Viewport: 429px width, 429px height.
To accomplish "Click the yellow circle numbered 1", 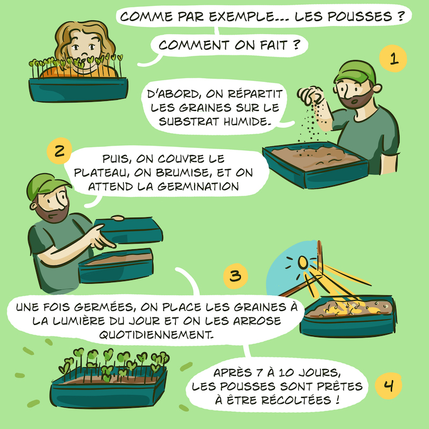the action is pos(393,59).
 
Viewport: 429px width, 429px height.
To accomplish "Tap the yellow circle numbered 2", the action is pos(60,151).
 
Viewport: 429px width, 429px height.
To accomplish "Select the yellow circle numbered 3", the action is pos(235,276).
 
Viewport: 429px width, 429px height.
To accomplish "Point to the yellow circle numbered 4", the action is pos(388,386).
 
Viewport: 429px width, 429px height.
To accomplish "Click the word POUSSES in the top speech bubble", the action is pos(360,17).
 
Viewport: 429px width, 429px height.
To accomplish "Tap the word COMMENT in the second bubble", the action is pos(194,45).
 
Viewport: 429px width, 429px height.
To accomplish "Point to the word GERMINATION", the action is pos(198,187).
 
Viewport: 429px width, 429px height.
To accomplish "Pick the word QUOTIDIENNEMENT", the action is pos(156,334).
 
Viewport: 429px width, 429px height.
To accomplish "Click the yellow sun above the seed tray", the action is pos(303,262).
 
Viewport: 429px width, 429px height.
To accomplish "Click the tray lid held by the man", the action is pos(129,231).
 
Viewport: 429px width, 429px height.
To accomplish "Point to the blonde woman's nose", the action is pos(85,52).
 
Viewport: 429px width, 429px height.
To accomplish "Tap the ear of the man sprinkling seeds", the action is pos(378,88).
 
